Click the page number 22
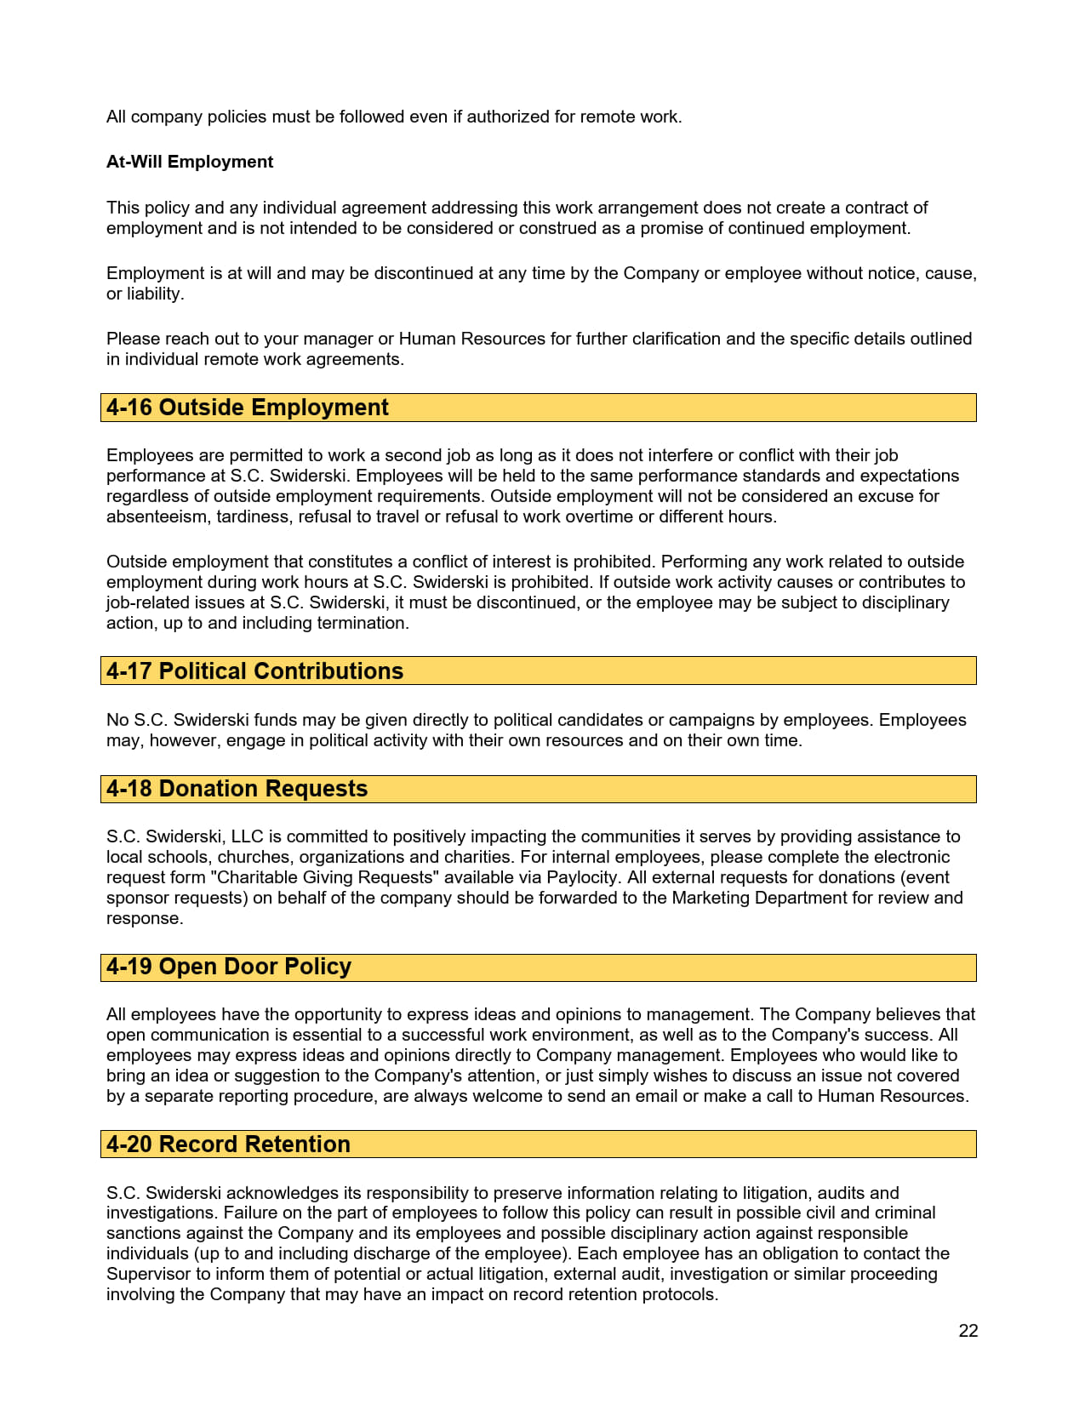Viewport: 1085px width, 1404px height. (x=968, y=1331)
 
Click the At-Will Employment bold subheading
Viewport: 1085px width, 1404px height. (x=190, y=162)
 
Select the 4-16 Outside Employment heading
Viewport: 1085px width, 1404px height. (x=247, y=408)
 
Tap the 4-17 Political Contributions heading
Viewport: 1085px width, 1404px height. (x=254, y=671)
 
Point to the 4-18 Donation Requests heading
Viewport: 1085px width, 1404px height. (x=237, y=789)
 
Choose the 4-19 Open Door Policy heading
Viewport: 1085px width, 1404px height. (x=228, y=967)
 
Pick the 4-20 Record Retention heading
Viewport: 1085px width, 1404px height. (x=228, y=1144)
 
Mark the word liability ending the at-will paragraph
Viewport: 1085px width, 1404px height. (x=154, y=294)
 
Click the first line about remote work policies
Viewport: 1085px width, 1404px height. (x=393, y=117)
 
